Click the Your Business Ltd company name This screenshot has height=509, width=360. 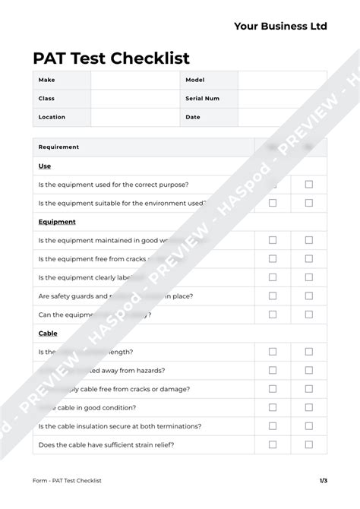pos(280,26)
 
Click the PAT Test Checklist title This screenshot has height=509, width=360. pos(111,58)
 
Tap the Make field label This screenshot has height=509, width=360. pos(46,80)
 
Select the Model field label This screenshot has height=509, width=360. pos(195,80)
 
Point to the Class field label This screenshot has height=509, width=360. pos(46,98)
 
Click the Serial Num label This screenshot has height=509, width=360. pos(202,98)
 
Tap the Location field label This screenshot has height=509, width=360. pos(52,117)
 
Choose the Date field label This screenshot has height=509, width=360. pos(193,117)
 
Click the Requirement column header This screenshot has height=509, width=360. pos(58,147)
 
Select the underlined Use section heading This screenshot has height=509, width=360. pos(44,166)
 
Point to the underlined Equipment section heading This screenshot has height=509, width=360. pos(57,222)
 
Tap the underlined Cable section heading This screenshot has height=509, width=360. pos(48,333)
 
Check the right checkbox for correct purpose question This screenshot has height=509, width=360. pos(308,185)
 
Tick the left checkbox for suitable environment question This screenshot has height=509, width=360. pos(273,203)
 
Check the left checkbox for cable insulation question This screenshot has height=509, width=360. pos(273,426)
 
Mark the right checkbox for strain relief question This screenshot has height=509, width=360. pos(308,444)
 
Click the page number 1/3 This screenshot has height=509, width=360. pos(324,480)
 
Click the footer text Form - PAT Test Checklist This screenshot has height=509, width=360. pos(67,480)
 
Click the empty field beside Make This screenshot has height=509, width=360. pos(135,80)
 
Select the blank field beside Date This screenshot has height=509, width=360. pos(282,117)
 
